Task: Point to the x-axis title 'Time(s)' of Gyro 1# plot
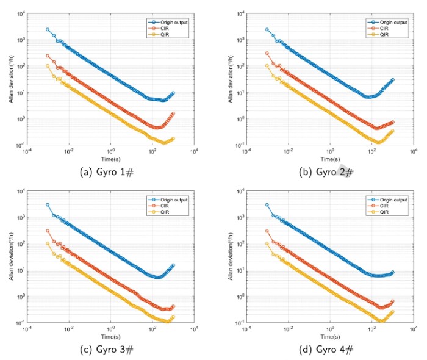tap(110, 159)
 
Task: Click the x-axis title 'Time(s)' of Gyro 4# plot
tap(330, 336)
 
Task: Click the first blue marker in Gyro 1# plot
tap(48, 29)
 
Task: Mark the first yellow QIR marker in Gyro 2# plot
tap(267, 66)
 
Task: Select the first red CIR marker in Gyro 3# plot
tap(48, 231)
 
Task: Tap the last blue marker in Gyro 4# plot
tap(392, 272)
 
